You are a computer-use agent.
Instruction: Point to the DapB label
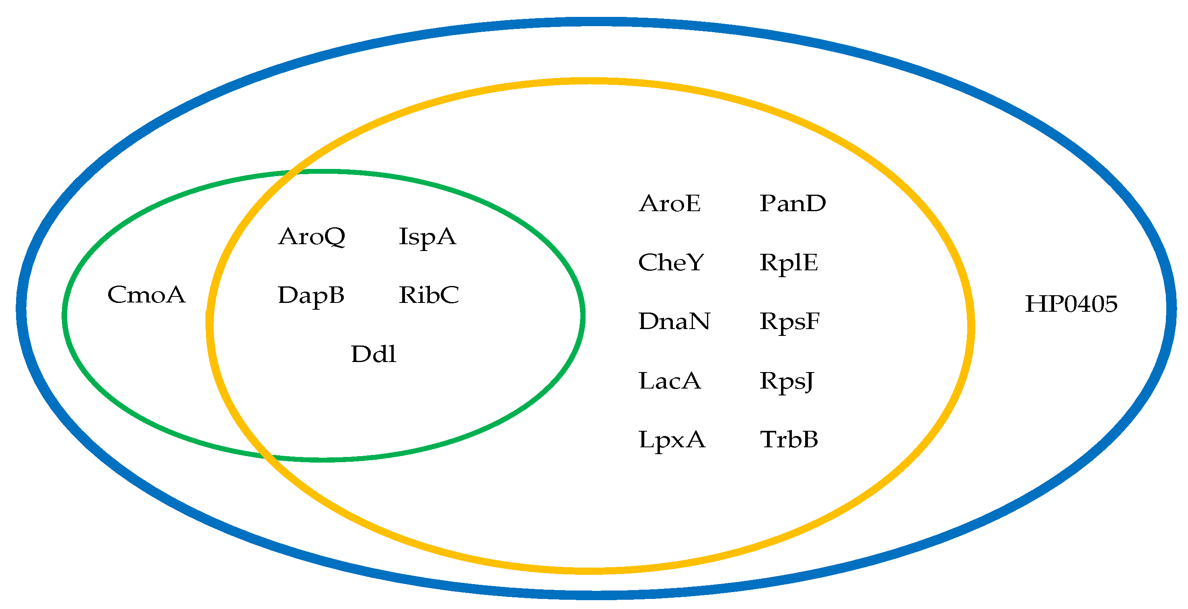tap(311, 295)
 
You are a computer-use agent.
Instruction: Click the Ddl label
tap(374, 354)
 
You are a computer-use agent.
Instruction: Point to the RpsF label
tap(789, 321)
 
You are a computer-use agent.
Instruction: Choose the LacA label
tap(670, 381)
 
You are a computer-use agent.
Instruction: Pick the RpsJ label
tap(787, 381)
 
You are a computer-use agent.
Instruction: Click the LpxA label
tap(672, 439)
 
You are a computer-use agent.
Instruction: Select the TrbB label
tap(789, 439)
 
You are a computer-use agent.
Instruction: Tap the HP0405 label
tap(1071, 304)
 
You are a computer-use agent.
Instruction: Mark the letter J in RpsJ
tap(808, 382)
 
